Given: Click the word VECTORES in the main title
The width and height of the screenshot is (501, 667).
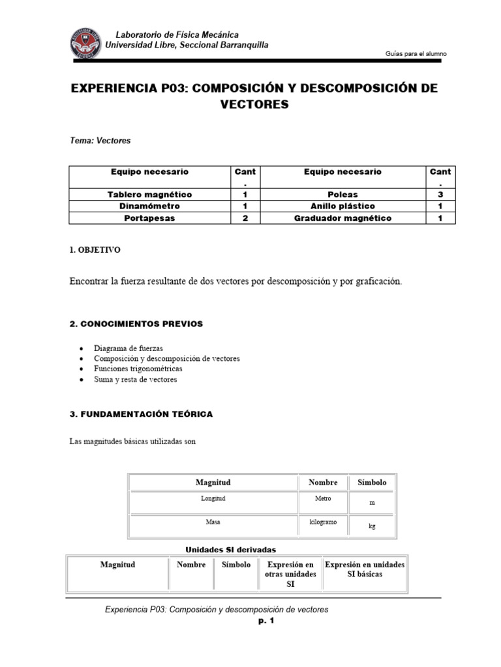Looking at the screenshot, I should (x=254, y=104).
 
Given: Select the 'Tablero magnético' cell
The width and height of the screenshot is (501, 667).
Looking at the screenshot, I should (x=149, y=195).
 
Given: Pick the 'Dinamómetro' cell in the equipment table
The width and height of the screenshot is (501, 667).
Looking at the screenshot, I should (x=149, y=206).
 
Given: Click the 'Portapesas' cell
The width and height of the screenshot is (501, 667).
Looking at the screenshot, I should (x=149, y=218).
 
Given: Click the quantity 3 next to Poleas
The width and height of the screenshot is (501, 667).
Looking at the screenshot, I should (x=440, y=195).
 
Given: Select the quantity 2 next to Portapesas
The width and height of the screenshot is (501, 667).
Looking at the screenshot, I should (x=245, y=218).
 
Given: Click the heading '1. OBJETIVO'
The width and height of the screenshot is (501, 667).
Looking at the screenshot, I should (x=94, y=250).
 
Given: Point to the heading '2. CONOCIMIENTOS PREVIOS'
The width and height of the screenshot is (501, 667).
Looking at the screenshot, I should (x=136, y=324).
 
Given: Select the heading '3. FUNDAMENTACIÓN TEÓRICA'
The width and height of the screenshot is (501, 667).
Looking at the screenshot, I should (x=140, y=414).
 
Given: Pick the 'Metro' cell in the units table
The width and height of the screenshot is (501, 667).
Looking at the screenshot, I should (x=322, y=498).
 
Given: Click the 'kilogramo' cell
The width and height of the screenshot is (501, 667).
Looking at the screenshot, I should (x=322, y=523).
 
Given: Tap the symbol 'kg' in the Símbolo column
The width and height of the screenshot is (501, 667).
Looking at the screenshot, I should (x=372, y=526).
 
